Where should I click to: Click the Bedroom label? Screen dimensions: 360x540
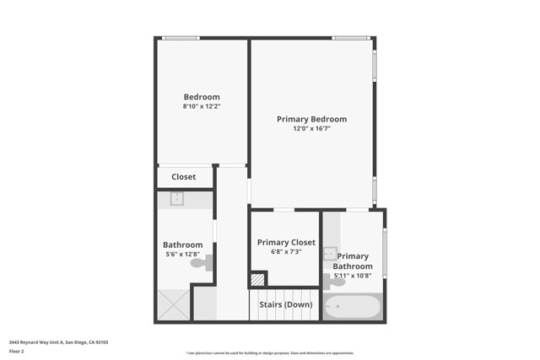(202, 97)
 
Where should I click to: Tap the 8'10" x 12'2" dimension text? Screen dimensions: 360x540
(202, 107)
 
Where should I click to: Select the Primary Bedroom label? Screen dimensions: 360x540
(311, 119)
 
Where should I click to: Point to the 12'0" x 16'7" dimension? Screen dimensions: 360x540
(311, 129)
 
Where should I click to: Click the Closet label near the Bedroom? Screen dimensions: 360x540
(183, 177)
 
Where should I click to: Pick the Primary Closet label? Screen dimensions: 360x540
(286, 242)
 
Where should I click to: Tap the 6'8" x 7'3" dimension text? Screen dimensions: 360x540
(286, 252)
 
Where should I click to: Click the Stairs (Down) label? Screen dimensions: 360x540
(285, 304)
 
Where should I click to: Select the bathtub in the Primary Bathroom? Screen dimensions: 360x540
(353, 306)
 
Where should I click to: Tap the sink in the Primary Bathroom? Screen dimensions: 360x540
(330, 253)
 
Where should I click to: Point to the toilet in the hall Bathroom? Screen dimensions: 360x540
(201, 264)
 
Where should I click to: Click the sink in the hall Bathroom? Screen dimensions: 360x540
(177, 199)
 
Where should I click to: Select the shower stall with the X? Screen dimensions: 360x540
(173, 304)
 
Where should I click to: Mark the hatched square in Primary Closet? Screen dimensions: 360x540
(258, 279)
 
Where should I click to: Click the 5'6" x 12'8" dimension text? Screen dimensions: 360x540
(182, 255)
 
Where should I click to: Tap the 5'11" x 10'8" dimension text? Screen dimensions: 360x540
(353, 276)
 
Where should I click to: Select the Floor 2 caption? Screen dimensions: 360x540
(16, 351)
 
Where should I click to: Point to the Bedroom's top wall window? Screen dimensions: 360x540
(181, 38)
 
